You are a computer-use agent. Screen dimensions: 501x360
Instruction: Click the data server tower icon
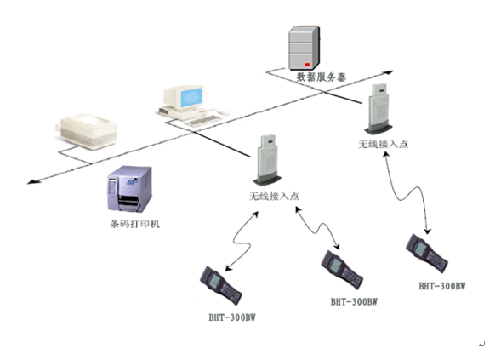click(x=304, y=48)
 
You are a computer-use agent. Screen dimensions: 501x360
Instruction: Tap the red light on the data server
click(x=307, y=65)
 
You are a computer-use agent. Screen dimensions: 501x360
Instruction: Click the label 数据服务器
click(x=322, y=77)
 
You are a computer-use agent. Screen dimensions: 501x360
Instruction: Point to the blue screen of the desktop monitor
click(x=191, y=98)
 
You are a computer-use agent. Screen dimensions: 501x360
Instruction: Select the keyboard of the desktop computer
click(x=203, y=121)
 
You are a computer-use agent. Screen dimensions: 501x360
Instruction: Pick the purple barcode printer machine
click(x=129, y=189)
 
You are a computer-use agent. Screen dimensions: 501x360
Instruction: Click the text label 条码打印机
click(x=134, y=224)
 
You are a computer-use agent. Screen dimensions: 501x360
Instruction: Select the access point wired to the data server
click(x=379, y=109)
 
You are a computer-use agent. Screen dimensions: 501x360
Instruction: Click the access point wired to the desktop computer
click(x=268, y=160)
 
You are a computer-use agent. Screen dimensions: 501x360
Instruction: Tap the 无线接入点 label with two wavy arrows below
click(x=274, y=196)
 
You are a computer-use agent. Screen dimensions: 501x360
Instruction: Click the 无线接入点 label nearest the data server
click(x=383, y=144)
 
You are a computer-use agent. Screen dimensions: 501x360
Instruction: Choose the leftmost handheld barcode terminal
click(x=221, y=285)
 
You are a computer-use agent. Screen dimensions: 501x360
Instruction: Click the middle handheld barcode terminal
click(x=342, y=270)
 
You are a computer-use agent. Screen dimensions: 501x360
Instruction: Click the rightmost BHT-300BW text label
click(x=442, y=286)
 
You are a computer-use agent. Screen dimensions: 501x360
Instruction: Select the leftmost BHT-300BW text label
click(x=232, y=317)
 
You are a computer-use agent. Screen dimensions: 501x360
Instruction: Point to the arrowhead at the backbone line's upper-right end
click(x=389, y=72)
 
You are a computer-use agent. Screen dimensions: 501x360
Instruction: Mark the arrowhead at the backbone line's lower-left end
click(x=32, y=182)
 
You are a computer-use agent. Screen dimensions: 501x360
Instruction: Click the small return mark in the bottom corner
click(x=481, y=345)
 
